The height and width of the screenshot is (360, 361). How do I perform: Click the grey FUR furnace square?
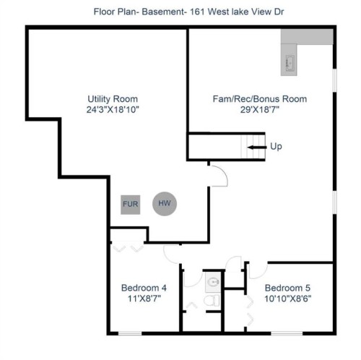[131, 203]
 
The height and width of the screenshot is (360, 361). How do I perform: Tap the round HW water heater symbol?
[165, 203]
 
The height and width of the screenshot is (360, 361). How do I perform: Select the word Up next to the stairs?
[276, 147]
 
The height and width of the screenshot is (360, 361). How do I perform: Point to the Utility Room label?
[113, 99]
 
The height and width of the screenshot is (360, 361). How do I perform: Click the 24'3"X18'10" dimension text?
[113, 111]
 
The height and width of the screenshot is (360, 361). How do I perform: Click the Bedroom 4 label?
[144, 287]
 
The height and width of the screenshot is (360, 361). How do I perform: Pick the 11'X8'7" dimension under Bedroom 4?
[144, 299]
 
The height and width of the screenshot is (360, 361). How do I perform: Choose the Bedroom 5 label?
[288, 287]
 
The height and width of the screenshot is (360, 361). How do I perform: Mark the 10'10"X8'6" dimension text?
[288, 299]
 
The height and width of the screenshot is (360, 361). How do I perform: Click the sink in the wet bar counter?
[290, 62]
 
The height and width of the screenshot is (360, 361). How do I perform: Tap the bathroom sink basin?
[212, 281]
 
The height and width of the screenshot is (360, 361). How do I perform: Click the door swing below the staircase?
[218, 173]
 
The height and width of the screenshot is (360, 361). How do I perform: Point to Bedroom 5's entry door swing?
[254, 270]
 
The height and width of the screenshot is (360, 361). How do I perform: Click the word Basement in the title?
[155, 12]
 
